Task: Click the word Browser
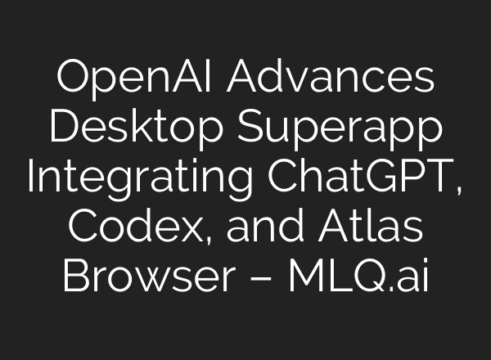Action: pos(135,277)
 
